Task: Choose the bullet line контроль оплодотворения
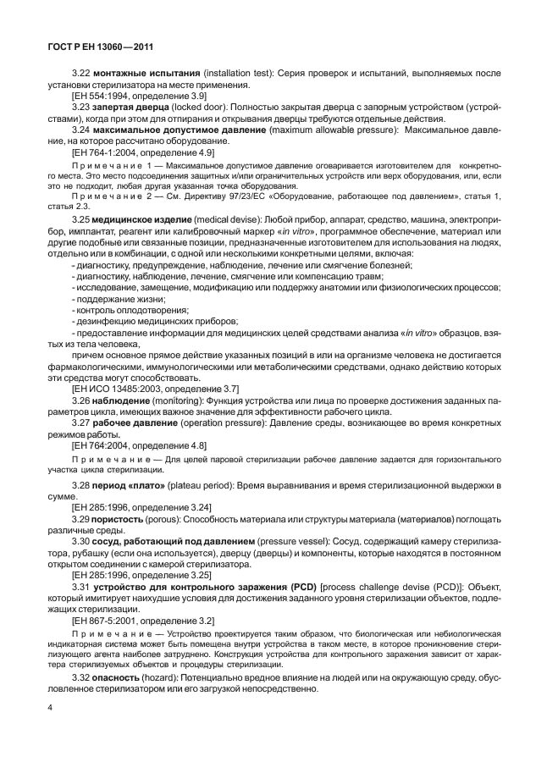point(130,310)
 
